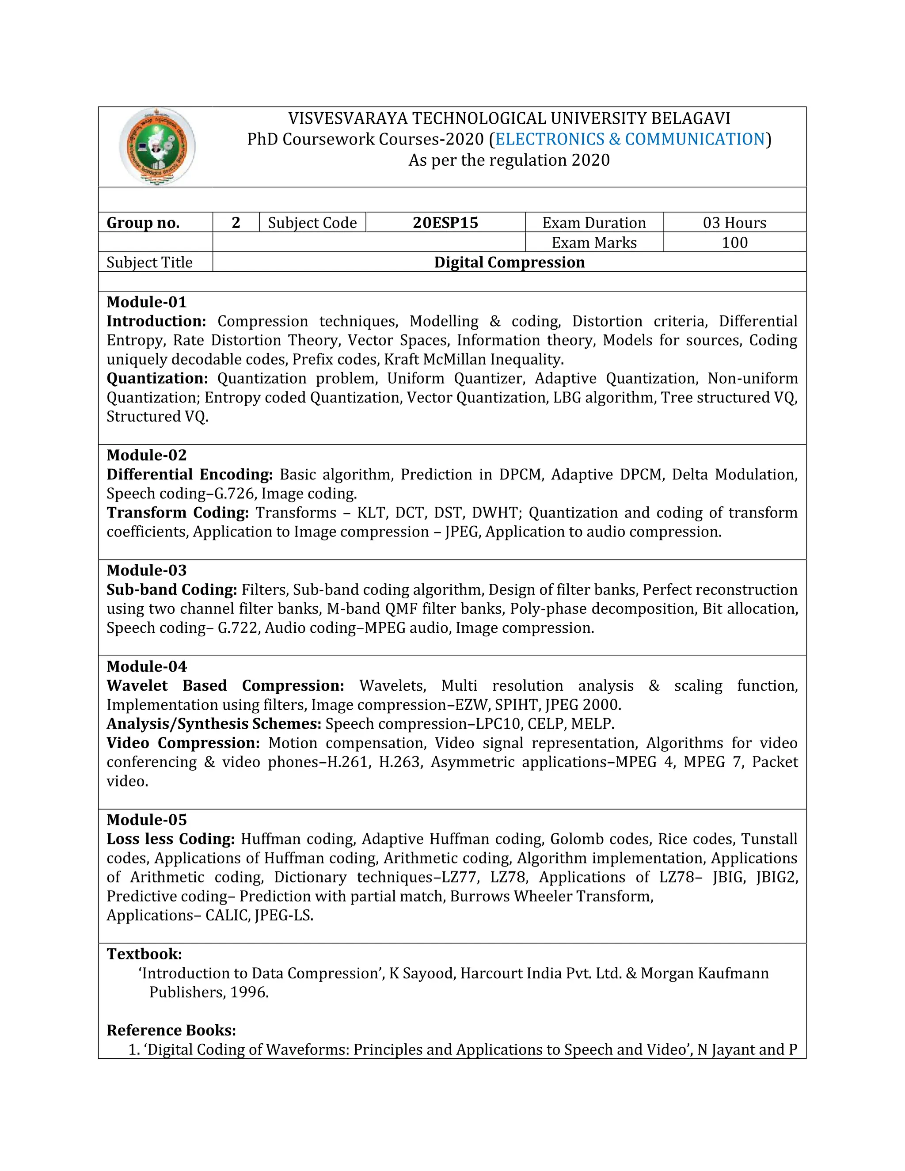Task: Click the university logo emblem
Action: [157, 146]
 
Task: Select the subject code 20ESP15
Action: [445, 223]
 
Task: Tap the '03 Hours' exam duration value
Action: [734, 223]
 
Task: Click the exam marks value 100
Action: [734, 242]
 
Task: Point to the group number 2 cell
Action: [236, 223]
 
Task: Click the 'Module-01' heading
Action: [146, 302]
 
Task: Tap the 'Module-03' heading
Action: [146, 570]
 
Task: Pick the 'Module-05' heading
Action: [146, 819]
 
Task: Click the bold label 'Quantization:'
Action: [157, 379]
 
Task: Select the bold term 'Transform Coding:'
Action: [178, 513]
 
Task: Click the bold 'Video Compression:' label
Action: [183, 743]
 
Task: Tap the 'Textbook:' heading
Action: [144, 954]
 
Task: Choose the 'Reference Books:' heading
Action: [171, 1030]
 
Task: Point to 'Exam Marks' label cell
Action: [594, 242]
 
